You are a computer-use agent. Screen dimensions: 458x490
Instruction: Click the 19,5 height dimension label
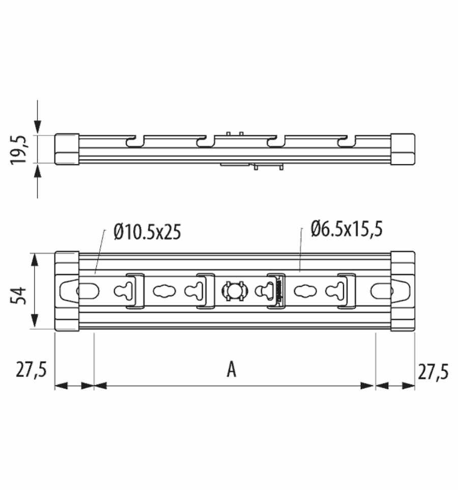click(19, 150)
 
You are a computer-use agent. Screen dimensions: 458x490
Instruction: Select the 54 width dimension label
click(18, 296)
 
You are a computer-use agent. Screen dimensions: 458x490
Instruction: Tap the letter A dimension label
click(232, 369)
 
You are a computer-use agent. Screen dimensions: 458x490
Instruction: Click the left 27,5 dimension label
click(31, 370)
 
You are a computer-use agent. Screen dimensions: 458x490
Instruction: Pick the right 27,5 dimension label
click(434, 372)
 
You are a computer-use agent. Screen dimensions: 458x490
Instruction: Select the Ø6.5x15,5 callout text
click(347, 229)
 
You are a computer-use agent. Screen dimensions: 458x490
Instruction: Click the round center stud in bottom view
click(235, 291)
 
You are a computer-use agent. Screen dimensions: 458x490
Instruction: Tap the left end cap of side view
click(67, 149)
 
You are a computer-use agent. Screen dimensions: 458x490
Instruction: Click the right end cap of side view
click(403, 149)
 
